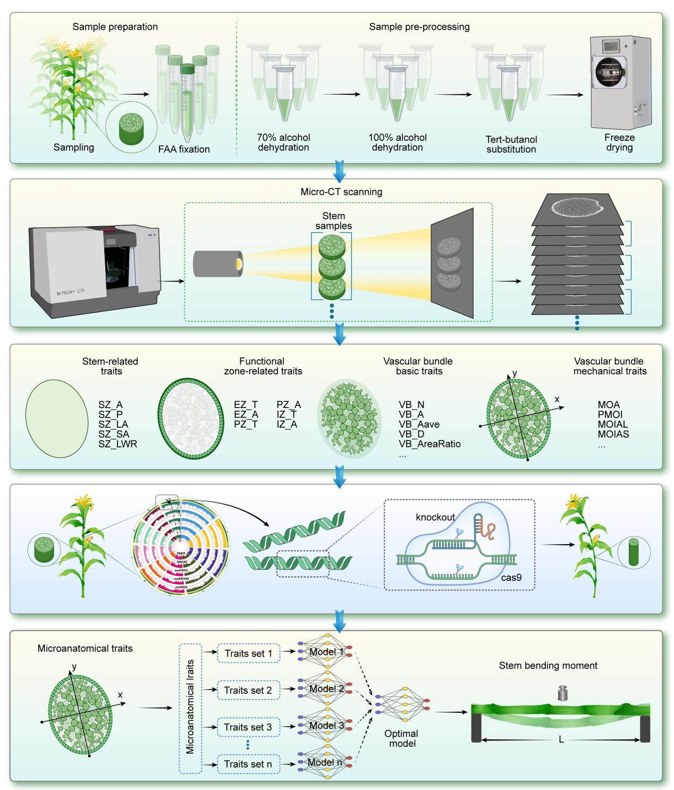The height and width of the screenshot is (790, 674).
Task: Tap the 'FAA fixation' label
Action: [x=184, y=149]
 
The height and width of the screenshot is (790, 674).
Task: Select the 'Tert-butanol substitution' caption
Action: [x=511, y=144]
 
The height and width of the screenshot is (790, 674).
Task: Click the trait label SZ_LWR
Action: [x=118, y=444]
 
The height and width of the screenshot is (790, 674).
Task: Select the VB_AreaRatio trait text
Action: [x=429, y=444]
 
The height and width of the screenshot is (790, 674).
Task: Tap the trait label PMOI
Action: [x=610, y=414]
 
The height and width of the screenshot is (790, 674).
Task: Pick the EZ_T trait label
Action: [x=246, y=405]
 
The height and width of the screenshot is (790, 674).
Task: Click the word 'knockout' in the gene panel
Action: [x=435, y=517]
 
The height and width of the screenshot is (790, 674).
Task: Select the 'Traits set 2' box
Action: [x=248, y=690]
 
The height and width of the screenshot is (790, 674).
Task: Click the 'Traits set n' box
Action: [x=248, y=764]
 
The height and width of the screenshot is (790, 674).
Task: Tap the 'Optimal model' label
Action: [x=402, y=738]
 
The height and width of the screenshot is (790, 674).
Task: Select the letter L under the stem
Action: [x=561, y=739]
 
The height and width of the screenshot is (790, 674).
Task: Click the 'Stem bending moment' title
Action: [x=548, y=666]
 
